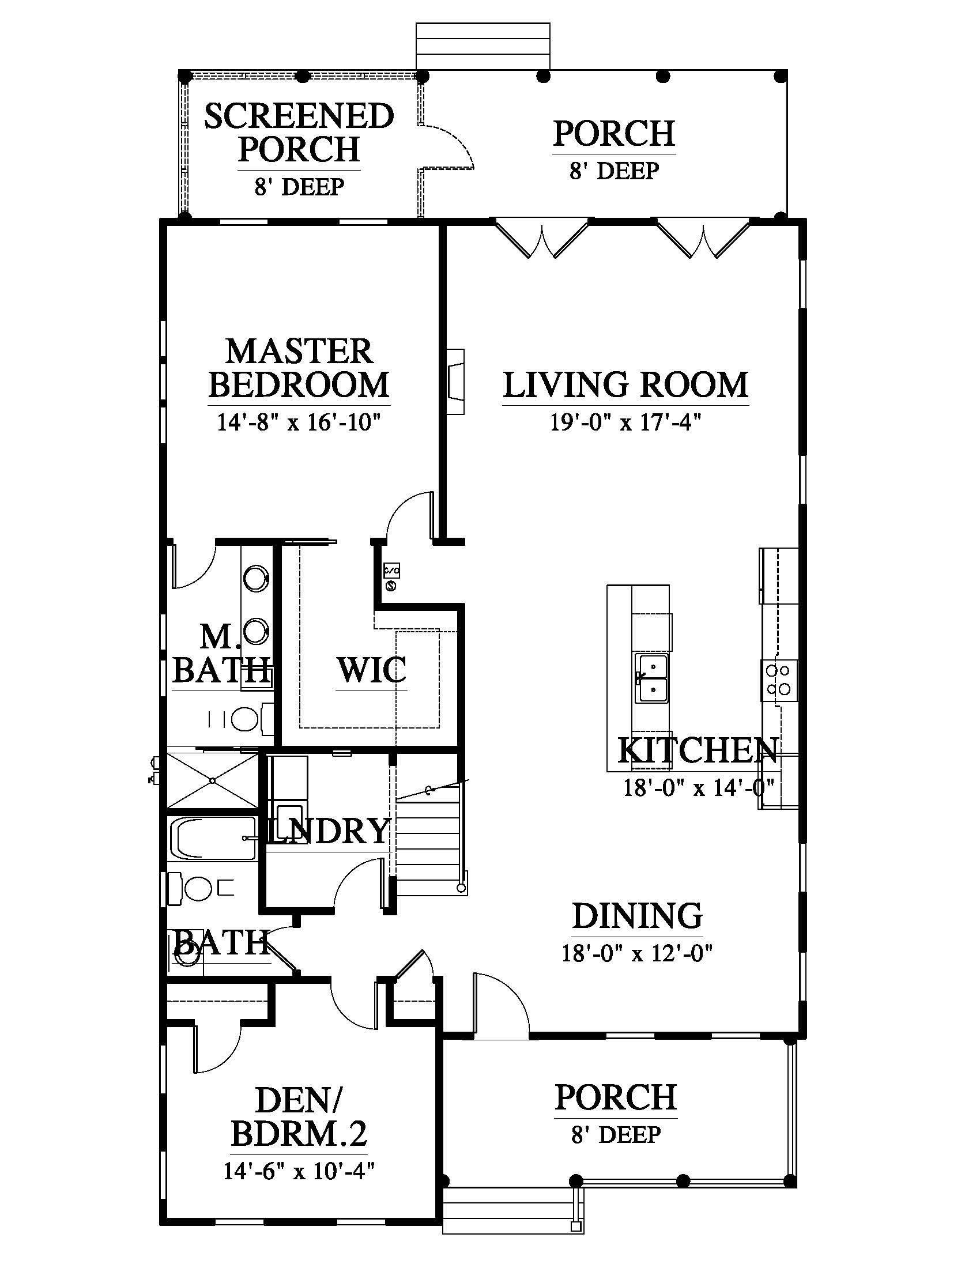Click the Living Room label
click(x=625, y=384)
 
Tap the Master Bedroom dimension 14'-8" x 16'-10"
click(x=299, y=422)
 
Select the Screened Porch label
click(x=299, y=133)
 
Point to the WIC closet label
click(x=372, y=670)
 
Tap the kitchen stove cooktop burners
click(x=779, y=680)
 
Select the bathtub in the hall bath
click(x=213, y=839)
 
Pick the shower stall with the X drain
click(x=213, y=780)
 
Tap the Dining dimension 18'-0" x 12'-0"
click(x=637, y=953)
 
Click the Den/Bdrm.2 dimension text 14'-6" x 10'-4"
click(x=299, y=1171)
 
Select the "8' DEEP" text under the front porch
click(x=616, y=1134)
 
